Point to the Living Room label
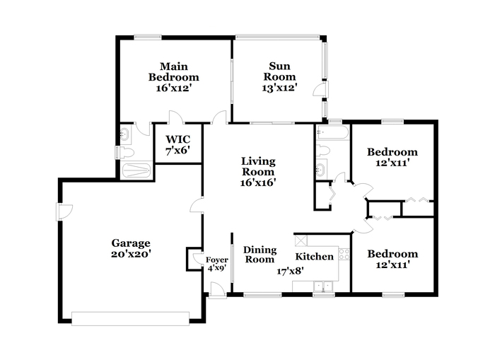pyautogui.click(x=257, y=171)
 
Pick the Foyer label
pyautogui.click(x=216, y=264)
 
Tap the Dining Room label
pyautogui.click(x=259, y=254)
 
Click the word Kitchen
pyautogui.click(x=314, y=256)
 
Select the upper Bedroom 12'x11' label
pyautogui.click(x=392, y=157)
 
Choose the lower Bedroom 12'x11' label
pyautogui.click(x=392, y=260)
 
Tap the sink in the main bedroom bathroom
pyautogui.click(x=125, y=133)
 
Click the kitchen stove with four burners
pyautogui.click(x=344, y=254)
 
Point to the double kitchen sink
pyautogui.click(x=323, y=286)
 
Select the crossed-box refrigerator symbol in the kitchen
pyautogui.click(x=301, y=240)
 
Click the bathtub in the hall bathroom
pyautogui.click(x=332, y=132)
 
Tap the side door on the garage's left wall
pyautogui.click(x=63, y=211)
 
